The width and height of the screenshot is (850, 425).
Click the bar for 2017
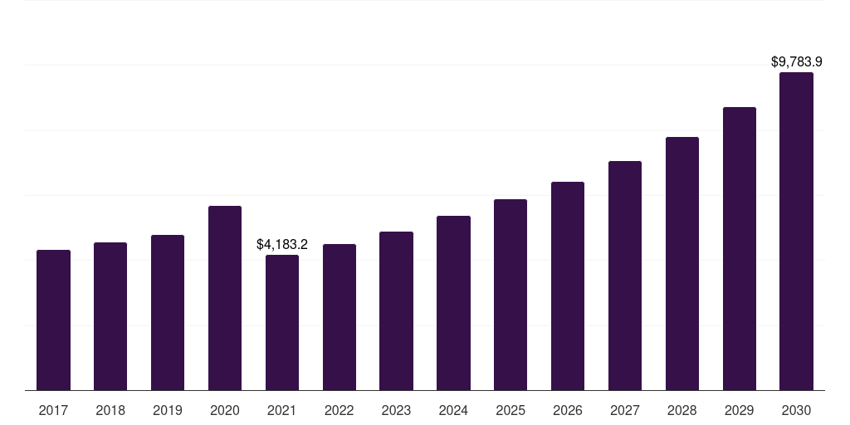click(53, 320)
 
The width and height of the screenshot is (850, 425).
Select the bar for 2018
click(110, 316)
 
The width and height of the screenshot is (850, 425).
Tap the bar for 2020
click(225, 298)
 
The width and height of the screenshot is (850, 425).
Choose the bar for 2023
click(396, 310)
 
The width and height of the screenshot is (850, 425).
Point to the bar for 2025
click(510, 295)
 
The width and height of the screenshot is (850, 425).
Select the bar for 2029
click(740, 248)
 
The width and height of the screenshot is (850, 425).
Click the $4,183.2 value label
click(282, 245)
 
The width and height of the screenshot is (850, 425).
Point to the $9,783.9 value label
click(796, 62)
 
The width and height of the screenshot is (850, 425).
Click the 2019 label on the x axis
click(168, 410)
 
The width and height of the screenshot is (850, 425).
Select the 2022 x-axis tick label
click(340, 410)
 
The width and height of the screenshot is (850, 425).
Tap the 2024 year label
click(453, 410)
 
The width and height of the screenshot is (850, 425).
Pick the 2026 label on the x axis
click(568, 410)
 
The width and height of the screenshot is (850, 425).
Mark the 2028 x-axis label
click(682, 410)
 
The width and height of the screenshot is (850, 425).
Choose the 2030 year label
click(796, 410)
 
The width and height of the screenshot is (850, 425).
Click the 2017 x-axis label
click(53, 410)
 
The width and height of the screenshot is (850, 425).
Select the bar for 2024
click(453, 303)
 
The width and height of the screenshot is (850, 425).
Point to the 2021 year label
click(282, 410)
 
